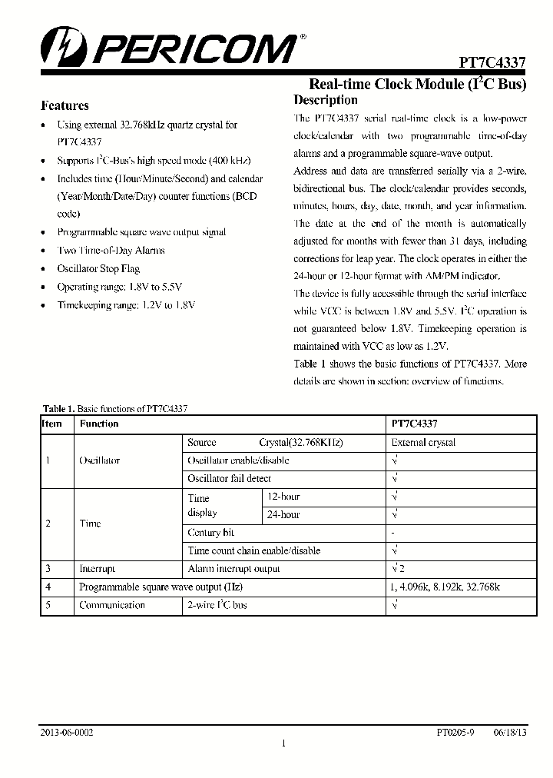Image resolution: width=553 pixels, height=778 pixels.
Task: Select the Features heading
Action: pyautogui.click(x=65, y=106)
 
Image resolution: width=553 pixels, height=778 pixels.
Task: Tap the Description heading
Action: pyautogui.click(x=326, y=100)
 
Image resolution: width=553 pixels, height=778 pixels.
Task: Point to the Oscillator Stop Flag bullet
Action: pyautogui.click(x=98, y=268)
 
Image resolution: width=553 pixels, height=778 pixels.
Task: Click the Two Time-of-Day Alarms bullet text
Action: pyautogui.click(x=111, y=250)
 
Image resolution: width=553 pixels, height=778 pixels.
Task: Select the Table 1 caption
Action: pyautogui.click(x=115, y=409)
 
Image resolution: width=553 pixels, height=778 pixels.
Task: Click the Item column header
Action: pyautogui.click(x=52, y=424)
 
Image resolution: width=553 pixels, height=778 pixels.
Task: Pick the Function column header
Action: pyautogui.click(x=99, y=424)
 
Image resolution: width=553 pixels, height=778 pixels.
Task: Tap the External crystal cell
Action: pyautogui.click(x=423, y=442)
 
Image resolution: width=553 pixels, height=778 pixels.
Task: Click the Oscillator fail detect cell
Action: pyautogui.click(x=229, y=478)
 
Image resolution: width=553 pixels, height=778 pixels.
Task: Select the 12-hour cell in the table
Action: pyautogui.click(x=283, y=497)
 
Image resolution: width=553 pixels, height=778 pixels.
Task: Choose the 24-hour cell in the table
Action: pyautogui.click(x=283, y=514)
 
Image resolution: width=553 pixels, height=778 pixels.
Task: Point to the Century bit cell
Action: pyautogui.click(x=211, y=532)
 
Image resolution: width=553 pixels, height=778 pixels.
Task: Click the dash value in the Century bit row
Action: pyautogui.click(x=393, y=533)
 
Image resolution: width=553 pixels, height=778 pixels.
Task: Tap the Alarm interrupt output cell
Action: pyautogui.click(x=233, y=569)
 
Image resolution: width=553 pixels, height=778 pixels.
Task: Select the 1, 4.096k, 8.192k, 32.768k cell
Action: pyautogui.click(x=445, y=587)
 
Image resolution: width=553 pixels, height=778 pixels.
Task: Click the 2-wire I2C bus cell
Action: pyautogui.click(x=217, y=605)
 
